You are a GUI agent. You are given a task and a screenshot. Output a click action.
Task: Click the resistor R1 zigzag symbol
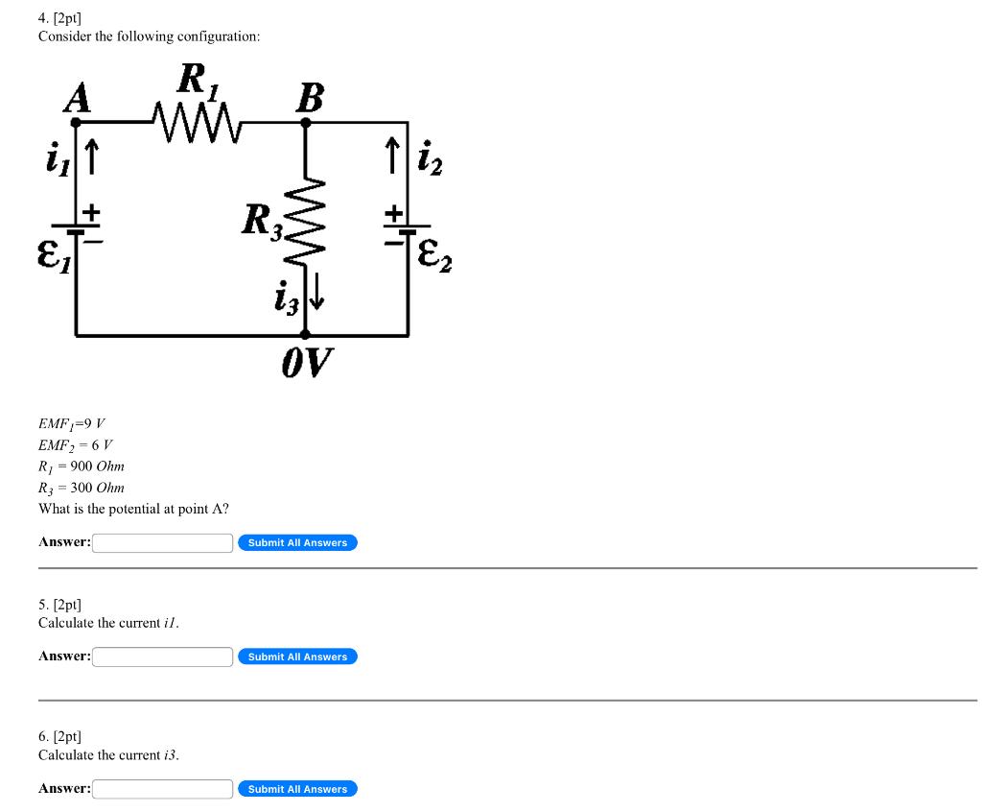(199, 122)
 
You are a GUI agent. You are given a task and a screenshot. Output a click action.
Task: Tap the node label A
(76, 98)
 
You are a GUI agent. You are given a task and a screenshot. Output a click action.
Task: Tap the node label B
(309, 98)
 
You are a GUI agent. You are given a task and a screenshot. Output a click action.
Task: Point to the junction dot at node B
(306, 122)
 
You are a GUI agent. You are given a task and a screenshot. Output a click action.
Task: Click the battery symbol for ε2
(408, 229)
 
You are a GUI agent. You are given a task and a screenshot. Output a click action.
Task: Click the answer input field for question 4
(163, 543)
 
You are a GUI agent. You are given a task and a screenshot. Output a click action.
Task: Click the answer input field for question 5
(163, 657)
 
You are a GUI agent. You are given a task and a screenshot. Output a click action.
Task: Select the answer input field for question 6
(163, 789)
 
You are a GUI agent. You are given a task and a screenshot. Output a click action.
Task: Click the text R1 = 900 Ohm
(82, 466)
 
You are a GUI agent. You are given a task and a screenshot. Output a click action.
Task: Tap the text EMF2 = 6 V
(76, 445)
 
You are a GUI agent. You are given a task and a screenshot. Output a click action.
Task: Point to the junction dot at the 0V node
(306, 335)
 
